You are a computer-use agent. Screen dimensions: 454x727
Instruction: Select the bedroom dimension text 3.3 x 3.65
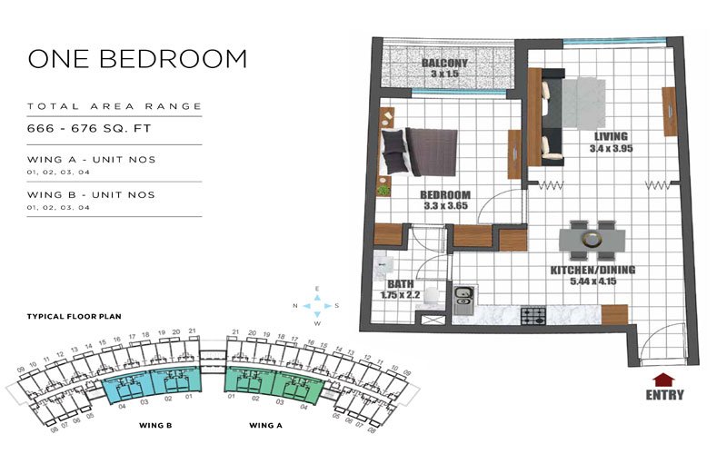[x=444, y=207]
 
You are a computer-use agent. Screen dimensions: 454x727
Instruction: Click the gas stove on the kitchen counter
[x=532, y=315]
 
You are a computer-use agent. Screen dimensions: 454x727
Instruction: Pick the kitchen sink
[x=463, y=294]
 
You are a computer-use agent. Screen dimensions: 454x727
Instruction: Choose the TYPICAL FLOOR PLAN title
[x=75, y=317]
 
